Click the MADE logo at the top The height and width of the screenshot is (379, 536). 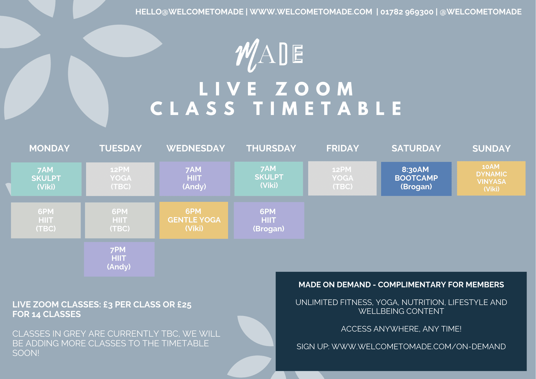[x=269, y=55]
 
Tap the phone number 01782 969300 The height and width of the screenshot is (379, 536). [x=407, y=12]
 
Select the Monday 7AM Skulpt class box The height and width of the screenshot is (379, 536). [x=46, y=179]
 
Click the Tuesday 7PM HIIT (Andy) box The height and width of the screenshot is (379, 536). [x=119, y=259]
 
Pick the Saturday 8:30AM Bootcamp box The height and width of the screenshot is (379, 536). [x=416, y=179]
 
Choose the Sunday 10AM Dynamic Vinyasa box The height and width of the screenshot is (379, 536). [x=491, y=178]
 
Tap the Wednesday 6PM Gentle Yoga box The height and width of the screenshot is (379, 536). [x=194, y=220]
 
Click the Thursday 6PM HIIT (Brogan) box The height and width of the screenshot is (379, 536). [x=269, y=220]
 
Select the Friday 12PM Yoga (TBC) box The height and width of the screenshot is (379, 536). [x=342, y=178]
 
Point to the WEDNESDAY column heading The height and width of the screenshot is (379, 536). [x=196, y=148]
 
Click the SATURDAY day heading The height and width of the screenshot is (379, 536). [x=416, y=148]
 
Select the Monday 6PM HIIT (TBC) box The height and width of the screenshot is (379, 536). [x=46, y=220]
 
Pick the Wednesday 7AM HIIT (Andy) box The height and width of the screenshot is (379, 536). [x=195, y=179]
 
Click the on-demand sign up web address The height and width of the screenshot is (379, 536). [x=418, y=347]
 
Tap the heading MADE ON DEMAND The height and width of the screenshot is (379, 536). [x=334, y=285]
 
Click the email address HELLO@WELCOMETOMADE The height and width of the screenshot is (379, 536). [x=189, y=12]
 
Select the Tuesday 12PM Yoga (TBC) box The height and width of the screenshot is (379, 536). [x=120, y=179]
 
